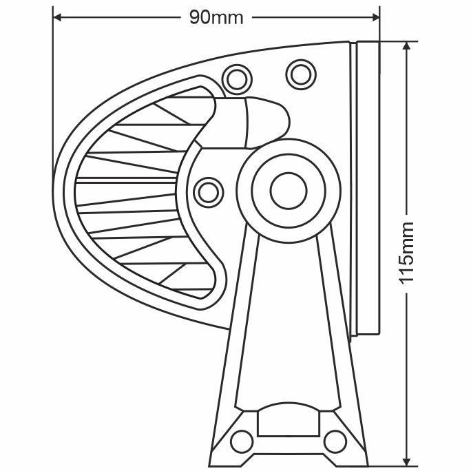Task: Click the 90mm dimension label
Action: point(216,17)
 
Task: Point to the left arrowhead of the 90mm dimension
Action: point(57,17)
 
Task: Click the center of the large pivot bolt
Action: point(287,190)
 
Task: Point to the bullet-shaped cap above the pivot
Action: point(264,121)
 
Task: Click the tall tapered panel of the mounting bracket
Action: point(287,317)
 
